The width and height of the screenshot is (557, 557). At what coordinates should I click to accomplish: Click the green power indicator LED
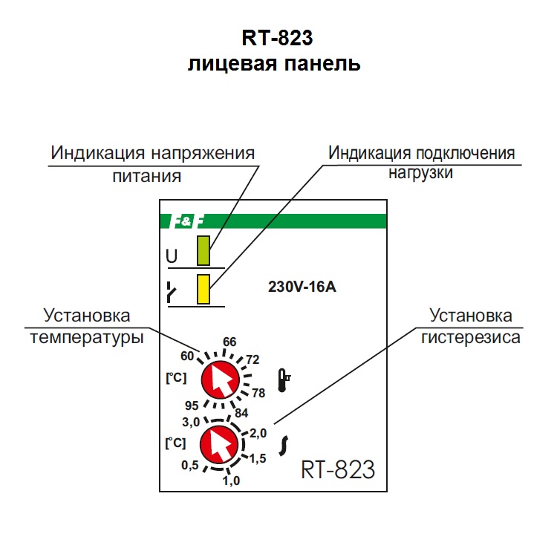(x=203, y=251)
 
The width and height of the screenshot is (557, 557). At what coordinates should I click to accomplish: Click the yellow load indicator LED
(x=203, y=289)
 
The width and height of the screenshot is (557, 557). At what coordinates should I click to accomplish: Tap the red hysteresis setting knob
(x=220, y=445)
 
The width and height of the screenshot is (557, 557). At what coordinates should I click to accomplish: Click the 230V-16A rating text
(x=302, y=287)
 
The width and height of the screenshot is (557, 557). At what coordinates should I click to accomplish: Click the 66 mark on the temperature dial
(x=229, y=342)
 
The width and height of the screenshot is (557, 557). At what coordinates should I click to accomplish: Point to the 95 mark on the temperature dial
(x=192, y=406)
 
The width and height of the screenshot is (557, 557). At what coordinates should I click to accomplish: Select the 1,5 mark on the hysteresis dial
(x=257, y=459)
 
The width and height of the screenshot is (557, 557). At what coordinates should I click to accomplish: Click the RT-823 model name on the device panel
(x=338, y=469)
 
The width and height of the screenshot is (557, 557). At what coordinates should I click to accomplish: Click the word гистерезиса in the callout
(x=471, y=336)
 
